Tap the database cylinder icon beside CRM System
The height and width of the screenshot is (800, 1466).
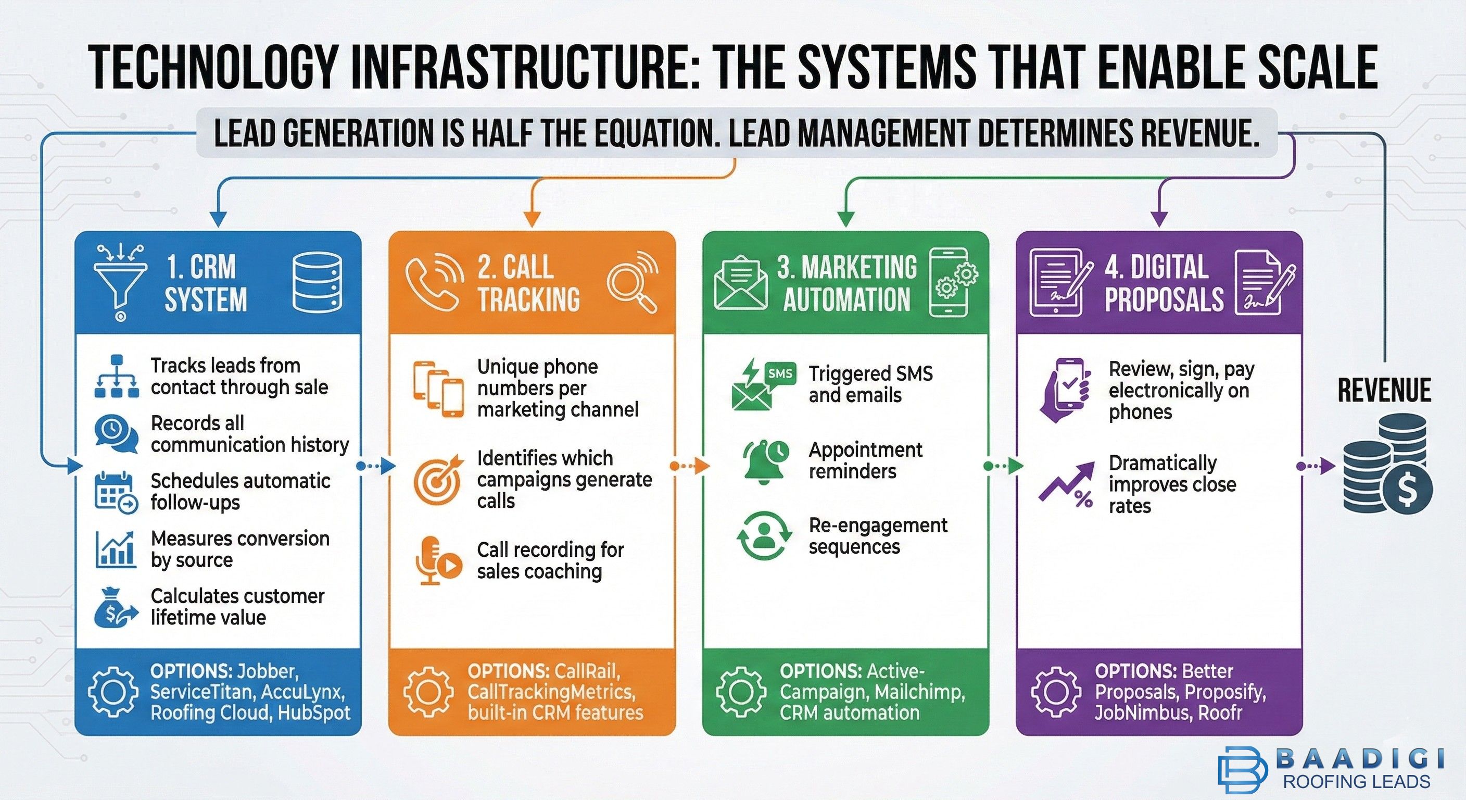pyautogui.click(x=317, y=282)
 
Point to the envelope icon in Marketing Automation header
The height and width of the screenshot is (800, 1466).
pyautogui.click(x=740, y=283)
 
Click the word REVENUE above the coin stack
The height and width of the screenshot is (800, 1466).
pyautogui.click(x=1384, y=391)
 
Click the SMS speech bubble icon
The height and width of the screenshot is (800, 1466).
pyautogui.click(x=780, y=374)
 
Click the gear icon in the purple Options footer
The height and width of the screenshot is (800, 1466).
pyautogui.click(x=1056, y=692)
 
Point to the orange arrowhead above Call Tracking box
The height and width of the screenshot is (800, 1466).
pyautogui.click(x=531, y=219)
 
